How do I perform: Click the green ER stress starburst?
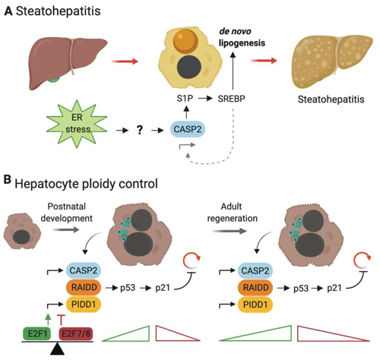coord(77,124)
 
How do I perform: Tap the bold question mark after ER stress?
coord(140,130)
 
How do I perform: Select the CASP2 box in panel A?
coord(188,129)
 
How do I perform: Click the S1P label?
coord(185,98)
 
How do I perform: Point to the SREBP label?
coord(232,99)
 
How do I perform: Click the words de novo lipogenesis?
coord(242,37)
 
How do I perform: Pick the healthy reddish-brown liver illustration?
coord(68,62)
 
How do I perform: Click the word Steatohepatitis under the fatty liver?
coord(331,99)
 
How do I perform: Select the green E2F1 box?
coord(37,333)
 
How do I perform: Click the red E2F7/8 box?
coord(76,333)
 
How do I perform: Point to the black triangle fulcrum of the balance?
coord(58,349)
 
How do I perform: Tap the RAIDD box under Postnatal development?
coord(84,287)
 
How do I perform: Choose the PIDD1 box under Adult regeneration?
coord(255,305)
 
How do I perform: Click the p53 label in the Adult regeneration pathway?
coord(301,289)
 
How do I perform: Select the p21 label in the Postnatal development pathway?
coord(163,288)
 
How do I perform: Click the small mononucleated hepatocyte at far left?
coord(22,231)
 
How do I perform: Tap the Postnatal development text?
coord(67,212)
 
